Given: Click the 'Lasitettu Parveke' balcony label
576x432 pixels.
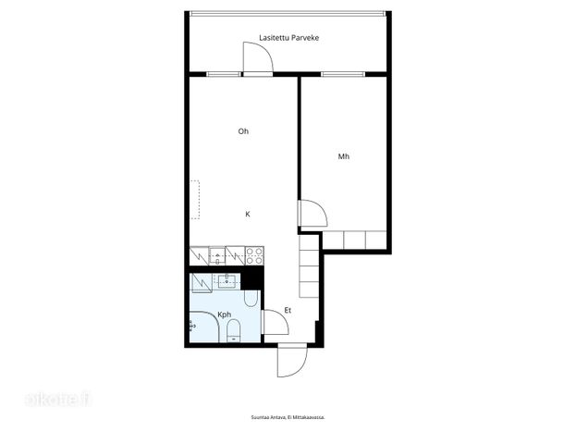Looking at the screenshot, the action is (288, 38).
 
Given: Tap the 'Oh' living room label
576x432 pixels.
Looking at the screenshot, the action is (243, 131).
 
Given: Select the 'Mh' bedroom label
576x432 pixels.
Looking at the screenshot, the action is (343, 156).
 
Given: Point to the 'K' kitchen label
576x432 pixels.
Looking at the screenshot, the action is (248, 214).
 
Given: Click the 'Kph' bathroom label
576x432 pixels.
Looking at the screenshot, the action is (224, 315).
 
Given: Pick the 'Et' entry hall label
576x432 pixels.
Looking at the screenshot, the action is (288, 310).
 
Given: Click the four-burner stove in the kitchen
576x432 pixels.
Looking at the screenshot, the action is (254, 255).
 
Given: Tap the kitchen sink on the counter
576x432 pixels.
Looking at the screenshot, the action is (217, 255).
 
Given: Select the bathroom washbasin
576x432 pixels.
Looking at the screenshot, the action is (227, 281).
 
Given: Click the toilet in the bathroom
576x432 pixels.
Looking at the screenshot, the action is (233, 330).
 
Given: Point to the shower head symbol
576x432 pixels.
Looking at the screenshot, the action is (191, 326).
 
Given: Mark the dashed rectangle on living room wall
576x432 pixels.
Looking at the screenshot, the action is (195, 200).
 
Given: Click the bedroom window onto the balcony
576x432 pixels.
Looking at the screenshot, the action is (343, 74).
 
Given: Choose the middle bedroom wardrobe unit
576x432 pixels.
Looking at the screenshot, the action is (354, 241).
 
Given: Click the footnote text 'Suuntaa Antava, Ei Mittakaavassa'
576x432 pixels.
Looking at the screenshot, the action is (288, 417).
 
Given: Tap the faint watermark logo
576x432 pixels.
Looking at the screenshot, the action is (57, 400).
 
